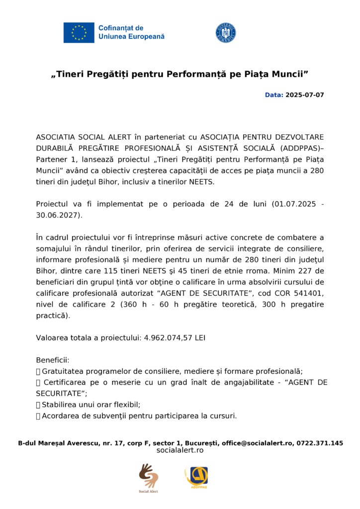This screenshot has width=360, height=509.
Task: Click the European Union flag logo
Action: click(79, 32)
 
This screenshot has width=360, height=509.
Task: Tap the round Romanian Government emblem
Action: click(225, 32)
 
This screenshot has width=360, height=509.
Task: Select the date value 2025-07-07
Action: click(304, 94)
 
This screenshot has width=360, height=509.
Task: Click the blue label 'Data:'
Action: click(273, 94)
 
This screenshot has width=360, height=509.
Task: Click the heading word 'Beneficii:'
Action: click(53, 360)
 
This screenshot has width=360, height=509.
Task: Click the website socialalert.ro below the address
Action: click(180, 450)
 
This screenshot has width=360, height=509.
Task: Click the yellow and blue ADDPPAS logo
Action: click(197, 477)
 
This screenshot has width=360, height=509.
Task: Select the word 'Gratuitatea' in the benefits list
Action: click(62, 371)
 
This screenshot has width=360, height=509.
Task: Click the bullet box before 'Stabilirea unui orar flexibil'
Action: click(38, 405)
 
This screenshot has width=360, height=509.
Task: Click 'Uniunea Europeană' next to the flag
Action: click(131, 37)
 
